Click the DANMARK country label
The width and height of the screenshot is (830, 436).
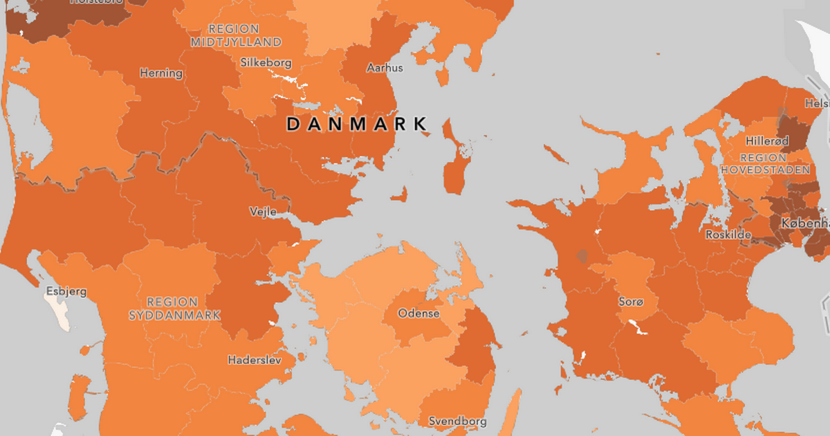click(356, 125)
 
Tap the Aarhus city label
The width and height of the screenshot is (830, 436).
click(385, 68)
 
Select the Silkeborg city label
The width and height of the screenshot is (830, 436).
click(266, 62)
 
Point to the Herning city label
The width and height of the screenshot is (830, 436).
click(161, 73)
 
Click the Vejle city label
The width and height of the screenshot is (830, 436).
click(262, 212)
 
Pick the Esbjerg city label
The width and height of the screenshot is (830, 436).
click(66, 291)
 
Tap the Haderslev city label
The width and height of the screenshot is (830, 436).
click(255, 361)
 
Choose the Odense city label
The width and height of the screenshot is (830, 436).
click(418, 314)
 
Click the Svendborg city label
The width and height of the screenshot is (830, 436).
click(457, 421)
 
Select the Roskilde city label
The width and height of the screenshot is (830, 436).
click(728, 235)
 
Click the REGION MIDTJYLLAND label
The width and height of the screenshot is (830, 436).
click(236, 35)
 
